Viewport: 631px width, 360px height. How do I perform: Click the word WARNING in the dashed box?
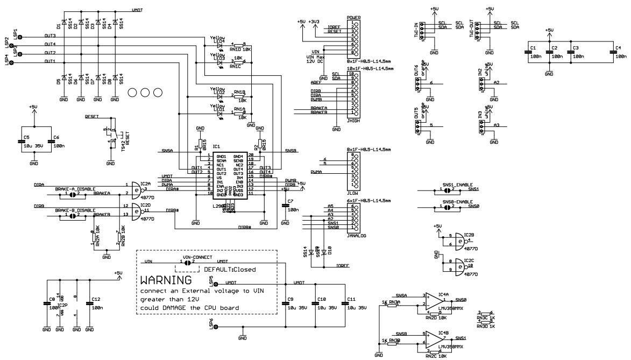coord(166,281)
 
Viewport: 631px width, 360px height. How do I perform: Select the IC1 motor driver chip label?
coord(217,146)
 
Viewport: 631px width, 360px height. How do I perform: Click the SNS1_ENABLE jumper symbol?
coord(446,189)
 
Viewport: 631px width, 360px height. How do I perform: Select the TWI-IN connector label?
coord(415,30)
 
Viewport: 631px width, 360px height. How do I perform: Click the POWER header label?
coord(353,18)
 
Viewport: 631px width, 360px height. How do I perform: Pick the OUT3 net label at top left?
coord(50,36)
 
